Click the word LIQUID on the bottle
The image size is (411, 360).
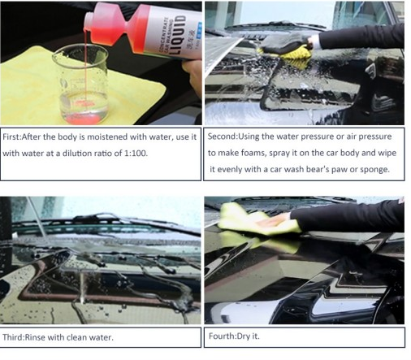177,34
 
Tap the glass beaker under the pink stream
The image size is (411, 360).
80,84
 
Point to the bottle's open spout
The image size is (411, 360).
86,22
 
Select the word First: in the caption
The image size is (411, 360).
12,137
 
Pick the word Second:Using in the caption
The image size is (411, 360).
233,137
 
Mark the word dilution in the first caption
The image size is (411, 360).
77,154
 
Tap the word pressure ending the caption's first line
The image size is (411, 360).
375,137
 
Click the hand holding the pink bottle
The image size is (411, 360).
193,76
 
